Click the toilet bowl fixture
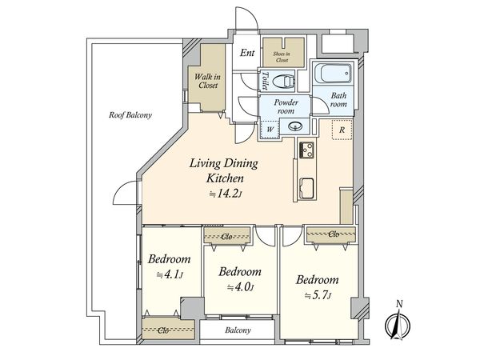(282, 82)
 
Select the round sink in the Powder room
(295, 126)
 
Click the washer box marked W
(270, 129)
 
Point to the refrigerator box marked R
(342, 130)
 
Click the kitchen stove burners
(306, 150)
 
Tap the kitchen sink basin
(306, 188)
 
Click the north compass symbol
(398, 323)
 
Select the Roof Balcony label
(130, 115)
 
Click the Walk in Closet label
(207, 81)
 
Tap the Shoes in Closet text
(282, 57)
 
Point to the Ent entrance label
(247, 53)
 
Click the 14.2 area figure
(227, 194)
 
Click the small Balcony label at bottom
(238, 330)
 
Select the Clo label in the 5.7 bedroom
(334, 234)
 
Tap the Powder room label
(286, 106)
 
